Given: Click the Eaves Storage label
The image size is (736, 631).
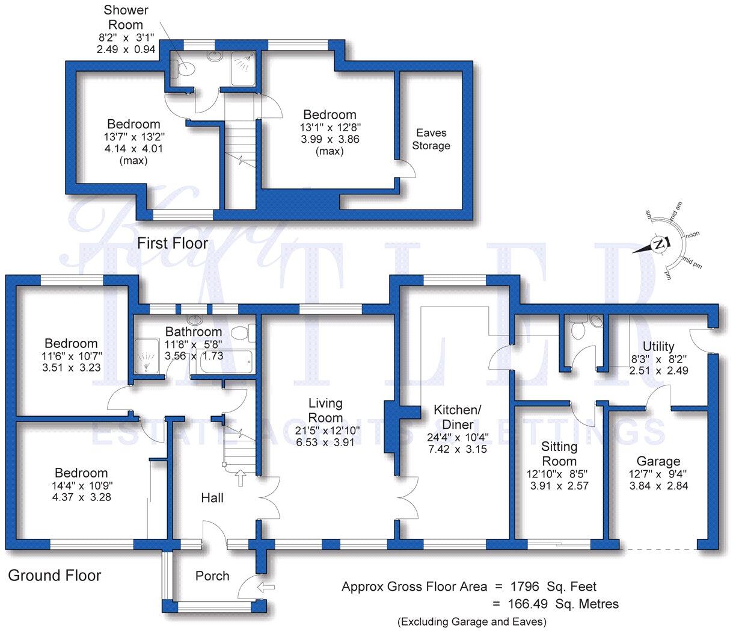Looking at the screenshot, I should [431, 139].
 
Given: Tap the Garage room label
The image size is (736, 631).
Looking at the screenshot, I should [658, 462].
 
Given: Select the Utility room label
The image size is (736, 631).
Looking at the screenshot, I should [658, 347].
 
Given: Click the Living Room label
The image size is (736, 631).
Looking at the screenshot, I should [325, 410].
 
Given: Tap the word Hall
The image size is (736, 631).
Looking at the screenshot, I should [212, 498].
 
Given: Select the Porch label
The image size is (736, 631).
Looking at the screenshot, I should [212, 576].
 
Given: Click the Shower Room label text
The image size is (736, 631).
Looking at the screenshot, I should [126, 17].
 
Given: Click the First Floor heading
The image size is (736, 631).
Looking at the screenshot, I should [173, 244].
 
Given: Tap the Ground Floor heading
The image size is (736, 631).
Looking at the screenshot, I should [54, 576].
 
